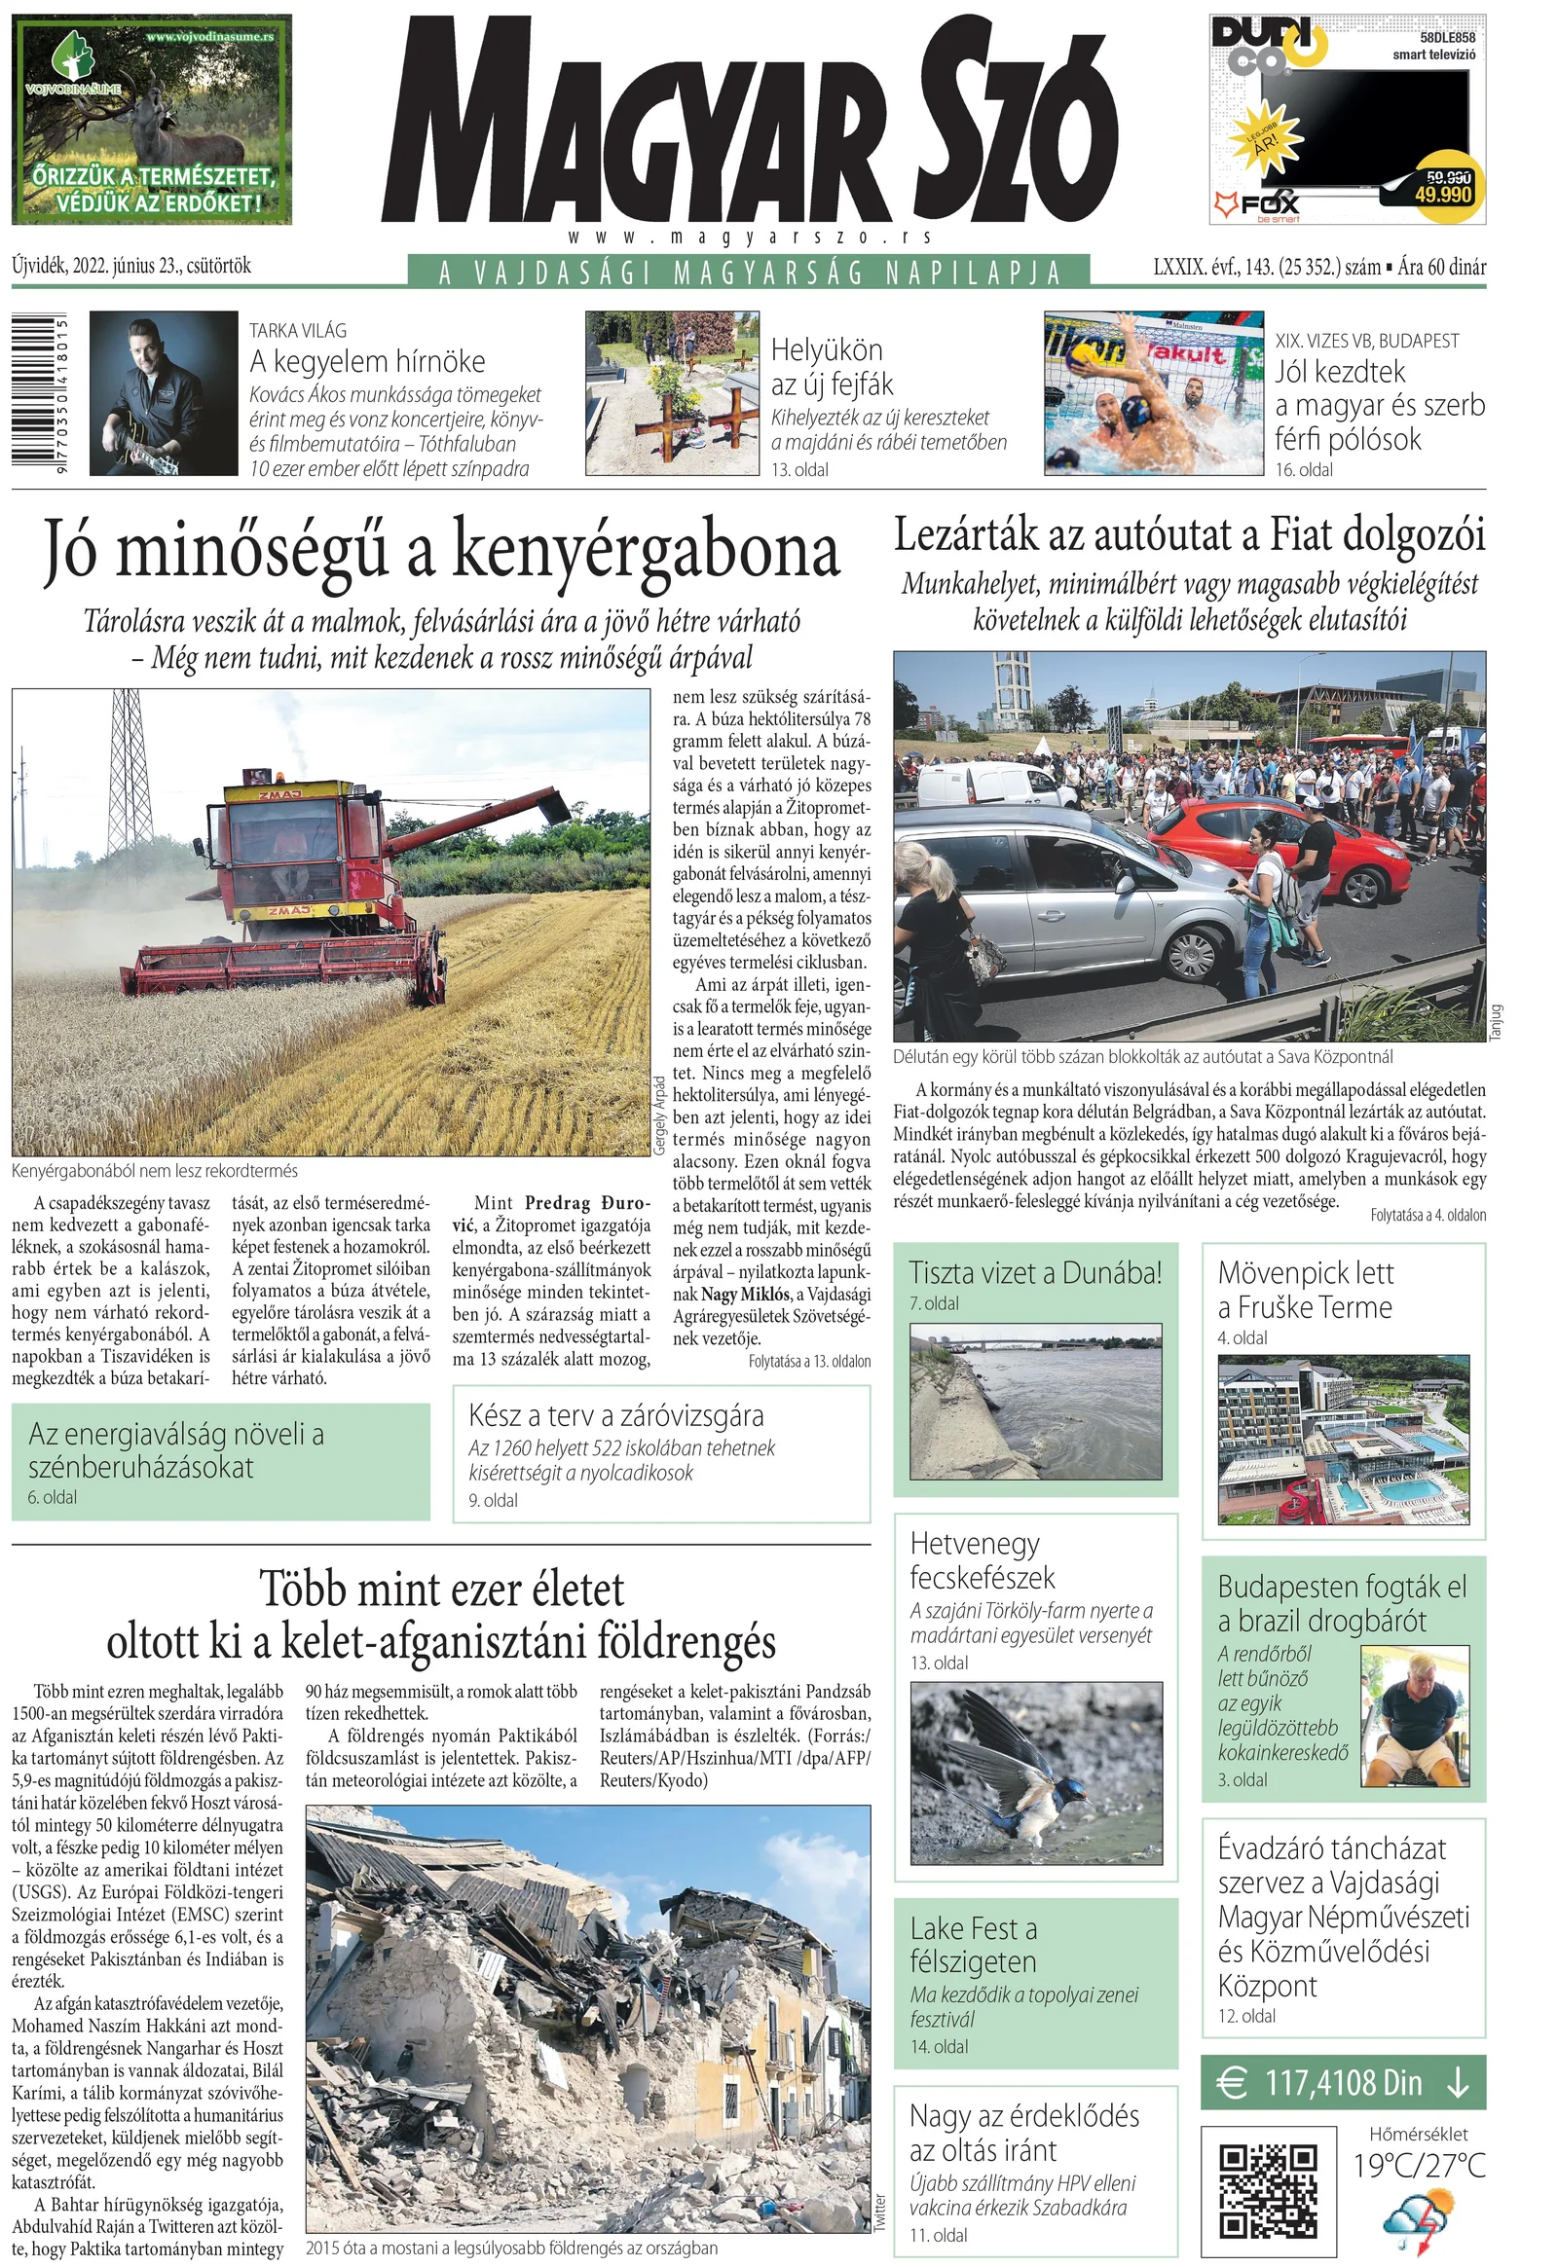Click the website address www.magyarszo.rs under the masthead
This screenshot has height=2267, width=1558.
pyautogui.click(x=749, y=238)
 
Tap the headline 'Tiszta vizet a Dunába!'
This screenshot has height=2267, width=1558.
pyautogui.click(x=1035, y=1272)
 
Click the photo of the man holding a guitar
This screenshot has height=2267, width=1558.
pyautogui.click(x=163, y=392)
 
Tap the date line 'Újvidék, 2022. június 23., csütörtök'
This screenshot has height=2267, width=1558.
pyautogui.click(x=131, y=266)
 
